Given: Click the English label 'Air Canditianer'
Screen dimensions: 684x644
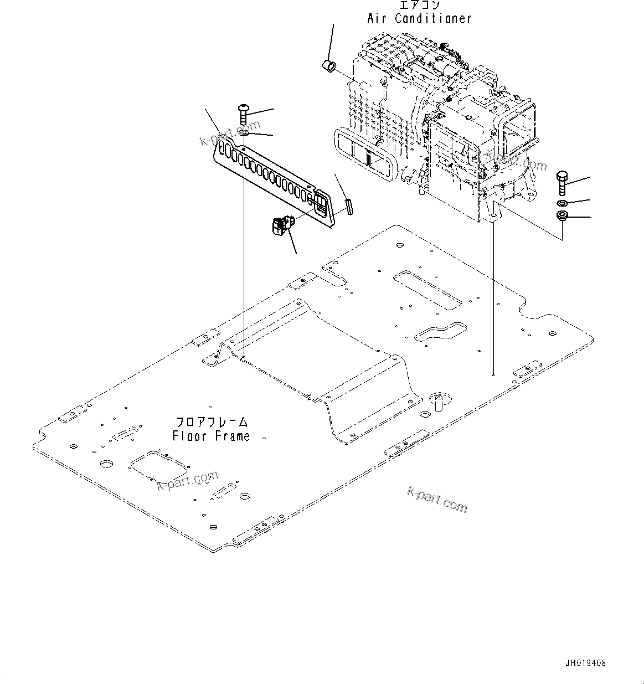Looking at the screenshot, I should tap(419, 18).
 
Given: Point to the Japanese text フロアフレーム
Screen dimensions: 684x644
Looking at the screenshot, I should tap(212, 423).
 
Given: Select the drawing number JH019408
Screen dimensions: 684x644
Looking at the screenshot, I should tap(585, 663).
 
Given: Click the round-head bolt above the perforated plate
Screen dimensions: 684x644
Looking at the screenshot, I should tap(243, 115).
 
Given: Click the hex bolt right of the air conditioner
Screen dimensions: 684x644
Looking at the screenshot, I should tap(561, 182).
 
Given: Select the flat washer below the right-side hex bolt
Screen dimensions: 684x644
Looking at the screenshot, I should tap(561, 203).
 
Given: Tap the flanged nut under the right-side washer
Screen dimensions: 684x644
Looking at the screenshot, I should tap(561, 216).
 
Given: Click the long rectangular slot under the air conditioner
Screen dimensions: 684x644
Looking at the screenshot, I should tap(427, 289).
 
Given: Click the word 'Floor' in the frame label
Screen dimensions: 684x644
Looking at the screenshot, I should tap(189, 436).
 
